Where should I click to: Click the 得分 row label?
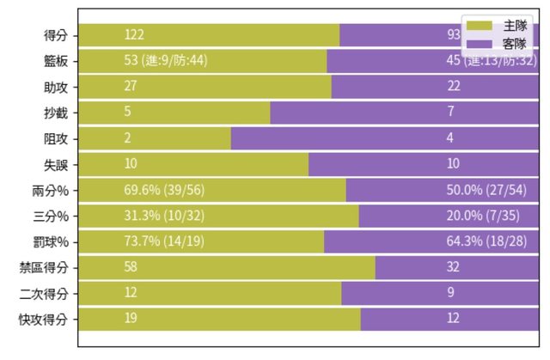point(57,35)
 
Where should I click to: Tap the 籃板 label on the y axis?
point(57,61)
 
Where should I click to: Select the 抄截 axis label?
point(57,113)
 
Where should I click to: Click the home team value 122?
point(134,35)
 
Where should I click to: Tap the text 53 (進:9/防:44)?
point(166,61)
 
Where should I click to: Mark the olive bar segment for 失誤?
point(215,164)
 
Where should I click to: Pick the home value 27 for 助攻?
point(131,87)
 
